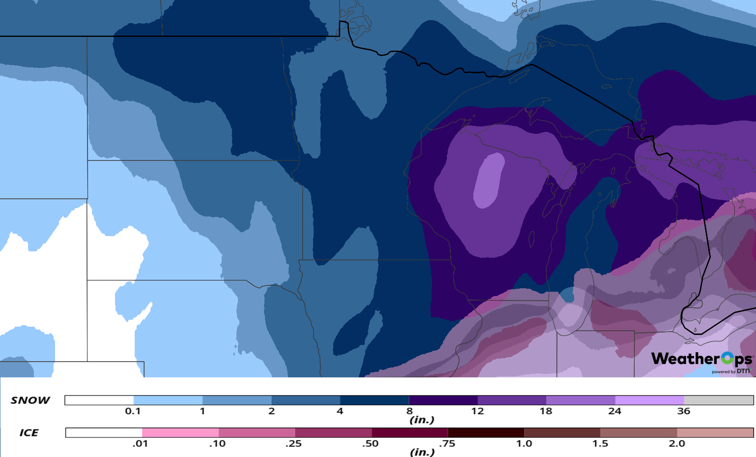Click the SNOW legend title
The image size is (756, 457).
point(30,400)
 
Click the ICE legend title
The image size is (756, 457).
point(29,433)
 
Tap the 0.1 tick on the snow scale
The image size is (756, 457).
point(133,411)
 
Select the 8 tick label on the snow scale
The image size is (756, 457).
point(409,411)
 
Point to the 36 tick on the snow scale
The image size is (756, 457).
point(684,411)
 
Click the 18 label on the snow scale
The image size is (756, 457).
point(546,411)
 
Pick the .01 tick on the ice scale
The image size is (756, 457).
point(140,444)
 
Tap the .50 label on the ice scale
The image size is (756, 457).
point(370,444)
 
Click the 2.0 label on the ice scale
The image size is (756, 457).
point(677,444)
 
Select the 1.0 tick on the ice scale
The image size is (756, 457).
point(524,444)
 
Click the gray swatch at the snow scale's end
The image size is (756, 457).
point(718,400)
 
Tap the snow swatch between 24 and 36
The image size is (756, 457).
point(649,400)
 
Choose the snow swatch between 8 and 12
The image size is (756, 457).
point(443,400)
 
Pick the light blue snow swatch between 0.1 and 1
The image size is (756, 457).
point(168,400)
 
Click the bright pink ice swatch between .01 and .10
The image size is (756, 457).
point(180,433)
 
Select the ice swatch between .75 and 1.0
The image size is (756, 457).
point(486,433)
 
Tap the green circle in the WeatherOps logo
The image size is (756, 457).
point(727,359)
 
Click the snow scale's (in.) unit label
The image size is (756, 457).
point(422,420)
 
